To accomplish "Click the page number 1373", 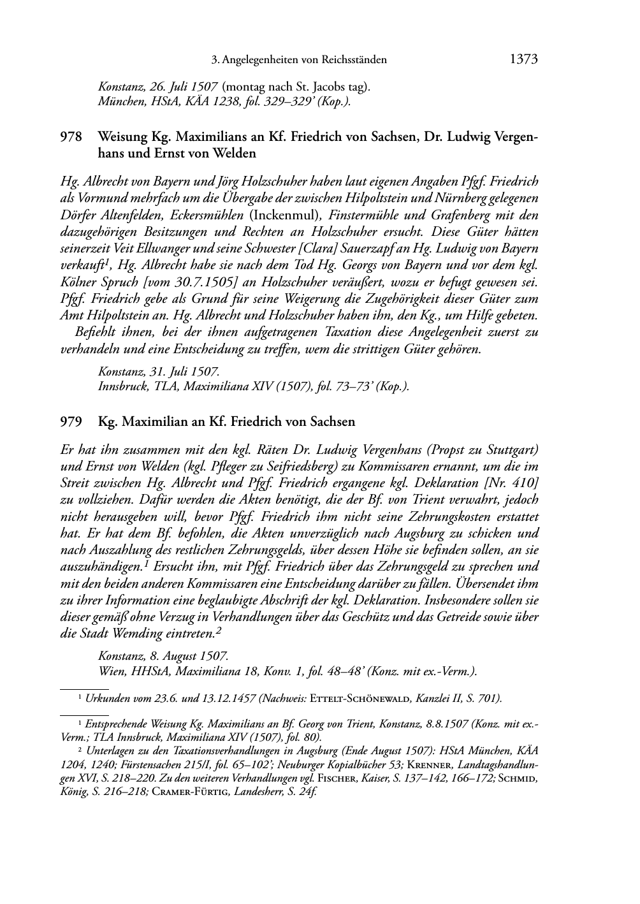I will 524,60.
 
